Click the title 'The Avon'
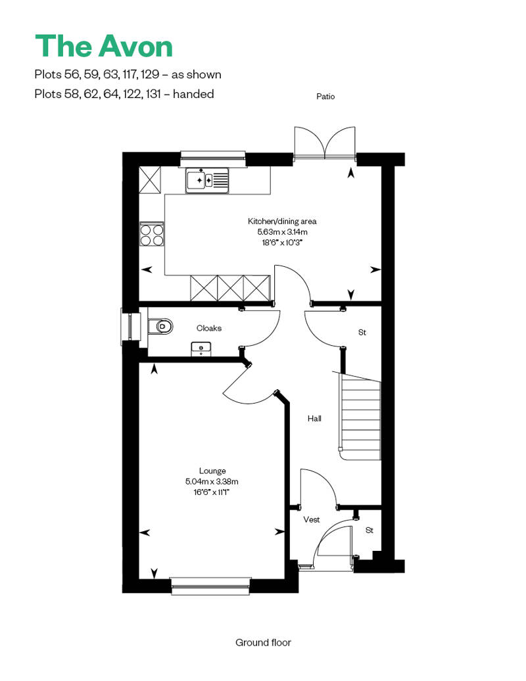[x=104, y=46]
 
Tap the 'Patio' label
[x=325, y=97]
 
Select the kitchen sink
[x=206, y=179]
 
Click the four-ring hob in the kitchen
[x=152, y=235]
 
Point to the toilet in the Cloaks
[x=160, y=326]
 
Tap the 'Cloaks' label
[x=209, y=328]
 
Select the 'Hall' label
[x=314, y=419]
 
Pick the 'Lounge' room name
[x=212, y=471]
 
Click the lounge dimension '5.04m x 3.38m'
[x=212, y=481]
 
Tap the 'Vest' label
[x=311, y=520]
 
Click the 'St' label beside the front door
[x=369, y=530]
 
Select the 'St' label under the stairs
[x=362, y=333]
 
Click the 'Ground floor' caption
[x=263, y=642]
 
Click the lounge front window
[x=210, y=585]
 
